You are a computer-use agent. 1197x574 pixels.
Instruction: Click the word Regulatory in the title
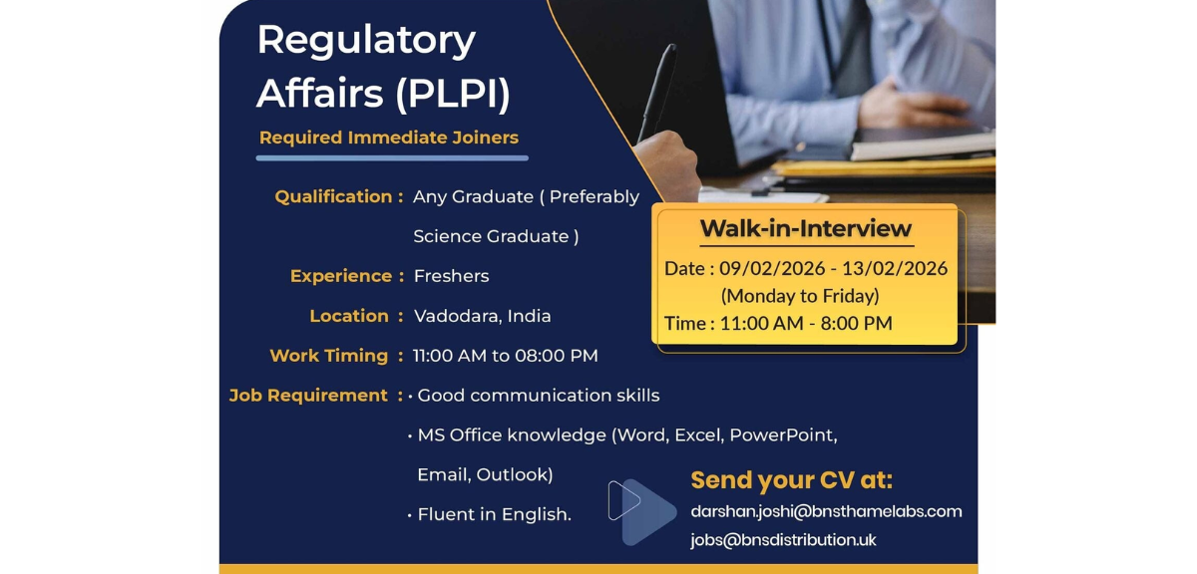point(366,41)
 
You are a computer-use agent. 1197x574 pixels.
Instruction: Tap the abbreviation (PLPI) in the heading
point(453,94)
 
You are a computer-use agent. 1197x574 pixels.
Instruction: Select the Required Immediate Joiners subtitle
point(389,138)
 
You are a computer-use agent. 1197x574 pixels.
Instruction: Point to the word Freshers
point(451,276)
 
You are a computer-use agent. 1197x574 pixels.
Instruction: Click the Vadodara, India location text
point(482,316)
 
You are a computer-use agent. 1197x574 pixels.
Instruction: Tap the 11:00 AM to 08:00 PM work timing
point(505,356)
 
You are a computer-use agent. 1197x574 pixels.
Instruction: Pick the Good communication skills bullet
point(538,396)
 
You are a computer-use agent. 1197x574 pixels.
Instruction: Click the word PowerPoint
point(783,435)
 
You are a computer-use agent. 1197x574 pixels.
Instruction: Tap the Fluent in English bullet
point(494,515)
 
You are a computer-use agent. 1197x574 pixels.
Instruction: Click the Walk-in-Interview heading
point(806,229)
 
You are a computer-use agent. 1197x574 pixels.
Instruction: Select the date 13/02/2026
point(895,268)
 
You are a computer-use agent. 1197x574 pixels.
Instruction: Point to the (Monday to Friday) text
point(800,296)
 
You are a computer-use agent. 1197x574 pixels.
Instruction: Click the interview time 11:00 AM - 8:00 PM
point(806,323)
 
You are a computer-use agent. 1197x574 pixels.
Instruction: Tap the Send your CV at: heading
point(791,479)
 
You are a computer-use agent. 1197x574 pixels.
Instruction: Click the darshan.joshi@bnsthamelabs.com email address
point(826,511)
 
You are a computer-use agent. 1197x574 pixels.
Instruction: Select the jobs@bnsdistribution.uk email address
point(783,540)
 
